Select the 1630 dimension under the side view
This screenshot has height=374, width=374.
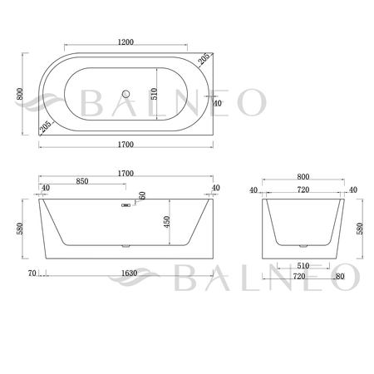click(x=128, y=272)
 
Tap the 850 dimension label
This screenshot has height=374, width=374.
click(x=82, y=181)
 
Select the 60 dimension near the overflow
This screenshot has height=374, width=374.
click(x=142, y=196)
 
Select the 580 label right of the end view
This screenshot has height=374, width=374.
click(x=361, y=226)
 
